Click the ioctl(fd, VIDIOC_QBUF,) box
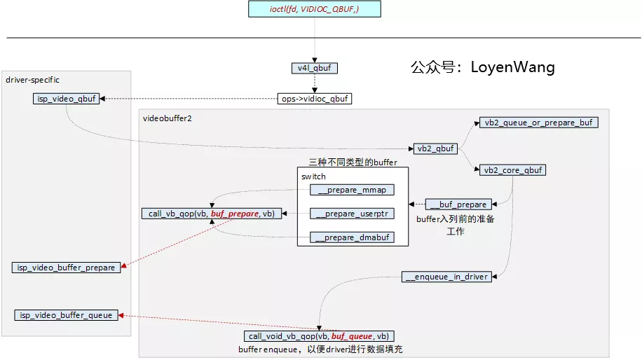coord(315,9)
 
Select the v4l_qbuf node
coord(314,68)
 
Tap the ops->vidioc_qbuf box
coord(315,99)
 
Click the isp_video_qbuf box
coord(65,99)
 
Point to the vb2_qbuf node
coord(436,148)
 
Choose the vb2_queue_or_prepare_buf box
coord(538,122)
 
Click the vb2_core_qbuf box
coord(513,170)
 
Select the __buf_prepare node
coord(458,205)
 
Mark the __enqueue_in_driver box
coord(446,277)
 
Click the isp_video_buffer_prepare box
coord(67,268)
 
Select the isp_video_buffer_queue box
coord(66,315)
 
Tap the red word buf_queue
coord(353,336)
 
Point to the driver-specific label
coord(33,80)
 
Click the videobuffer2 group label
coord(168,118)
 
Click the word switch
coord(313,176)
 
